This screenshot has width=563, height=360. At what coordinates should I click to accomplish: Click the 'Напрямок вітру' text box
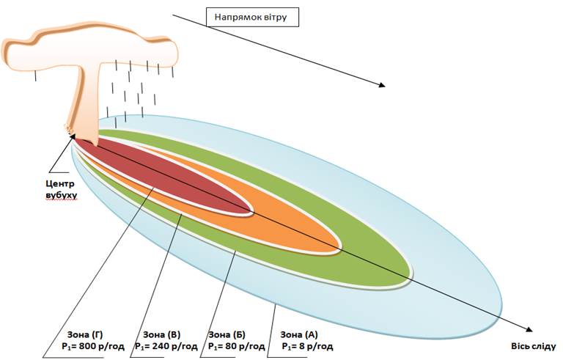point(252,18)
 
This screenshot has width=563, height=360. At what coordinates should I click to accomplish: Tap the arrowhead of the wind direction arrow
point(382,85)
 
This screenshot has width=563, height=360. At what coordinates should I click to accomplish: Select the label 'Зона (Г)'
point(85,335)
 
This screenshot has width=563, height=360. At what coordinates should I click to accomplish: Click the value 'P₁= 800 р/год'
point(93,347)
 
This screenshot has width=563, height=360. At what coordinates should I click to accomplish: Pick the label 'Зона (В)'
point(161,335)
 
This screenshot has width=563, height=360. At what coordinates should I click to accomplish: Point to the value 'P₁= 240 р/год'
point(166,347)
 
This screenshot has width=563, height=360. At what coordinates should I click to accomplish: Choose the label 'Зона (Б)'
point(227,335)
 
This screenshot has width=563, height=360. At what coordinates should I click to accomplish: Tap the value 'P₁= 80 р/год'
point(237,347)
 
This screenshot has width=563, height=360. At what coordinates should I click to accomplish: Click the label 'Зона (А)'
point(299,335)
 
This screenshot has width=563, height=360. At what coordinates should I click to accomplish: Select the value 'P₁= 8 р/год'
point(307,347)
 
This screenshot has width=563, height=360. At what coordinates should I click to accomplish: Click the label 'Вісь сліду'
point(534,347)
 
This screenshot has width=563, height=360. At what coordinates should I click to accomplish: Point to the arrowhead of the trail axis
point(529,330)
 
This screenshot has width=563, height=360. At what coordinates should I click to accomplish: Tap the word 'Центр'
point(60,184)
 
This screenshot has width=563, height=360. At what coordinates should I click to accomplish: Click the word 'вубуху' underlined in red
point(62,196)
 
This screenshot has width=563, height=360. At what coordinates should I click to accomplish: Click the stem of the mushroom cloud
point(88,104)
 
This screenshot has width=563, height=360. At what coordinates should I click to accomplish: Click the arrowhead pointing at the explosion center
point(72,137)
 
